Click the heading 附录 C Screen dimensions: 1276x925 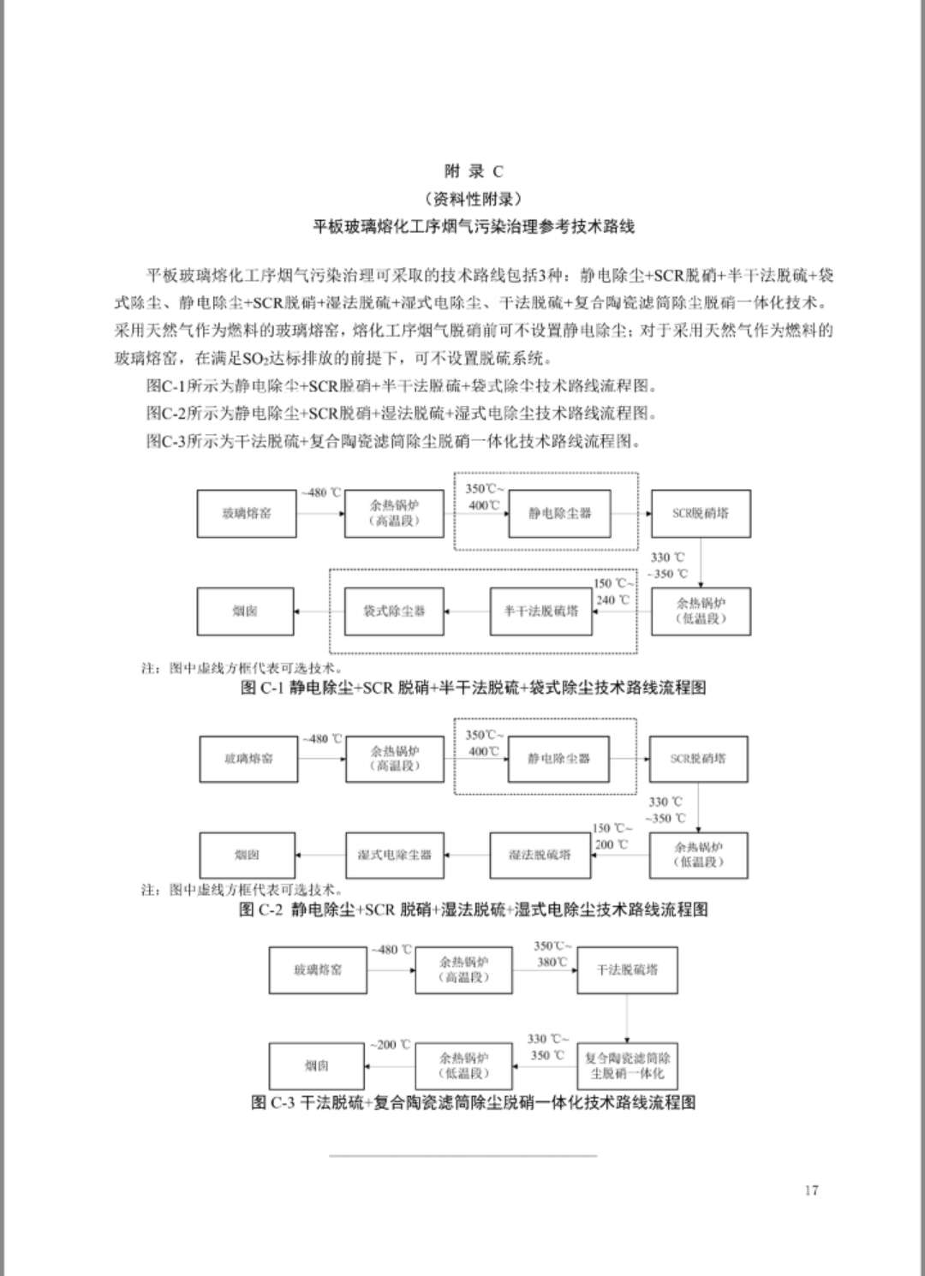coord(474,171)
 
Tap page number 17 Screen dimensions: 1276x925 coord(811,1190)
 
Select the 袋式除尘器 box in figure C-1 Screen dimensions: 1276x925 coord(394,611)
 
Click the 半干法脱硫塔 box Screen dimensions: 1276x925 coord(540,611)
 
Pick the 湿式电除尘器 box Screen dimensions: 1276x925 coord(394,855)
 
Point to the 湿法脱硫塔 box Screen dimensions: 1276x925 coord(540,855)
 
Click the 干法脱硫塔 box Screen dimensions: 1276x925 coord(627,970)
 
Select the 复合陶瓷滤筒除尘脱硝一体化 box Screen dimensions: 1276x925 coord(627,1065)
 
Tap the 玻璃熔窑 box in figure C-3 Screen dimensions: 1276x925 coord(318,970)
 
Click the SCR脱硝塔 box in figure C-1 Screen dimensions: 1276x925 coord(700,514)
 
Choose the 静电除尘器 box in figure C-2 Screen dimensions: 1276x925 coord(558,759)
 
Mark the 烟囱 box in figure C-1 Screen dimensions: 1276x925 coord(245,611)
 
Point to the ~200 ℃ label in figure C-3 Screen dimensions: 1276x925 coord(390,1045)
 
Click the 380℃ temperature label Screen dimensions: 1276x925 coord(552,962)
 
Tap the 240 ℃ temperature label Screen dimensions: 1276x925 coord(612,599)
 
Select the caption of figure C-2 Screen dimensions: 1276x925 coord(473,909)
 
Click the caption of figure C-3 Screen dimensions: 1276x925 coord(473,1102)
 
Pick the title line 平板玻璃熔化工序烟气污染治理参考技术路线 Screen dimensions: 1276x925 coord(474,227)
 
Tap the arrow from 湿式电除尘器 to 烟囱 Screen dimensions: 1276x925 coord(320,855)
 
